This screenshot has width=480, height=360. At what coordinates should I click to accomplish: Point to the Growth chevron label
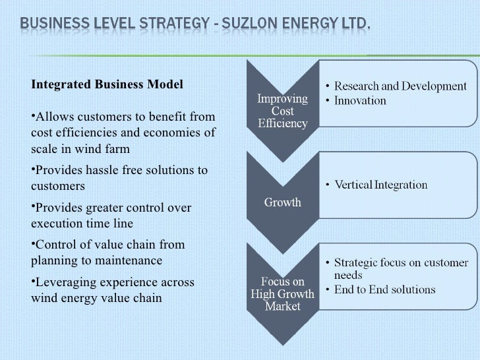point(283,202)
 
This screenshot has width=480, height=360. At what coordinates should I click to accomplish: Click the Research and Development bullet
point(400,86)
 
